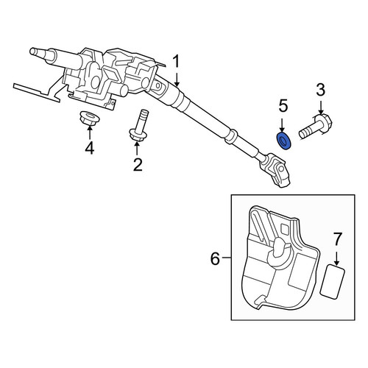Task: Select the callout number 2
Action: click(138, 165)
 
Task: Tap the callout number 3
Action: click(320, 89)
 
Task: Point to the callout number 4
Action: click(90, 148)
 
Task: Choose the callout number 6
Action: click(215, 258)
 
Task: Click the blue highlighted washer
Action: click(284, 141)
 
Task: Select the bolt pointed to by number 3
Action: click(316, 127)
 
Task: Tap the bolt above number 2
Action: click(139, 126)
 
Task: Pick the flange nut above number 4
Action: click(90, 117)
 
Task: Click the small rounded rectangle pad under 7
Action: click(333, 282)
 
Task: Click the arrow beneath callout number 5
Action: click(282, 124)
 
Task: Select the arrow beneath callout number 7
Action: click(336, 258)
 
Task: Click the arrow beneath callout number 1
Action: click(177, 79)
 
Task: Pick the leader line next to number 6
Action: click(227, 258)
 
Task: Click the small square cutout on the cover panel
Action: click(286, 228)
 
